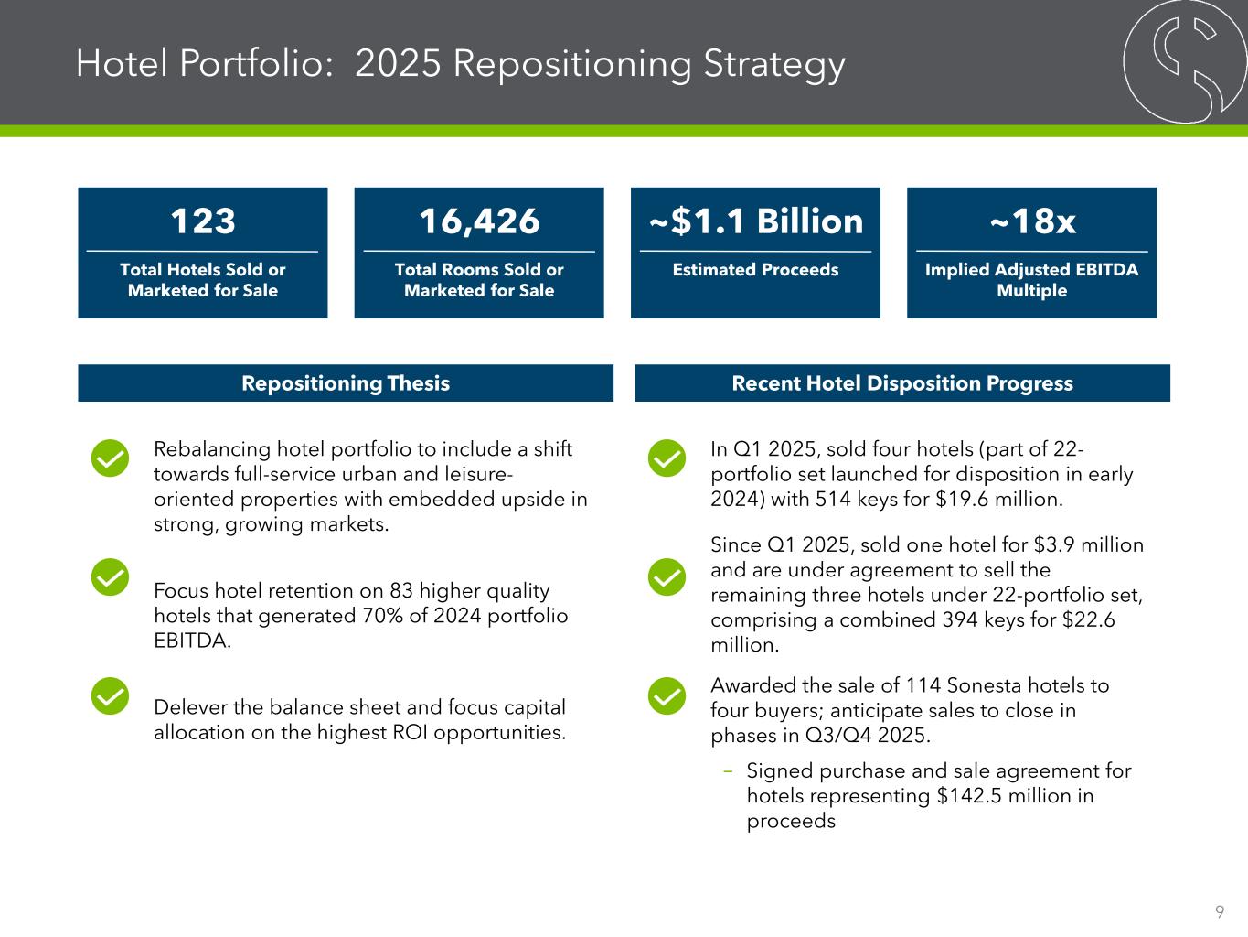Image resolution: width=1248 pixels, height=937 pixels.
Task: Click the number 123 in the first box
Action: [203, 221]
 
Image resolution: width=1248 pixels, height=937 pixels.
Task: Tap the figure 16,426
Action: [479, 221]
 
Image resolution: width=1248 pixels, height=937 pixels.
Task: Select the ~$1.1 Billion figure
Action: [755, 221]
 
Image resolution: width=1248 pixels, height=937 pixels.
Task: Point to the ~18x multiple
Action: [1031, 221]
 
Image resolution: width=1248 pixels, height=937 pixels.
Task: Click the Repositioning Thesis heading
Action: [346, 383]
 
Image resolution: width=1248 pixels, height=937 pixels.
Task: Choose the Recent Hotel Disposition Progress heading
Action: [902, 383]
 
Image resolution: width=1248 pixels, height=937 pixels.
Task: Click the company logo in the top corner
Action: [1185, 61]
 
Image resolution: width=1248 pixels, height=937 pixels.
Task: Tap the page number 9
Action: [1220, 911]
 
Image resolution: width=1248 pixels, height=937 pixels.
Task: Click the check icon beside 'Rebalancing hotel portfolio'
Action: [110, 458]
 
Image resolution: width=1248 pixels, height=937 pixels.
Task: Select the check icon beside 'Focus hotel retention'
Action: [110, 576]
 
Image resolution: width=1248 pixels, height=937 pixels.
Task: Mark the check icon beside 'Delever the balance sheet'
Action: [110, 696]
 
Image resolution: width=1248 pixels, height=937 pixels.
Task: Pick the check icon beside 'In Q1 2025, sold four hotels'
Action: [667, 458]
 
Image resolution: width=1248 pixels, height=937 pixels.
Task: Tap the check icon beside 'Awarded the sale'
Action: [667, 696]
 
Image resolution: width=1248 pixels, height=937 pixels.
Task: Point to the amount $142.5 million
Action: [1005, 796]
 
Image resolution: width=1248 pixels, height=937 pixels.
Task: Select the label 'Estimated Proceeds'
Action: [755, 270]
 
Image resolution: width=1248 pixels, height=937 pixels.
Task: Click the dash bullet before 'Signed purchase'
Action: [728, 771]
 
